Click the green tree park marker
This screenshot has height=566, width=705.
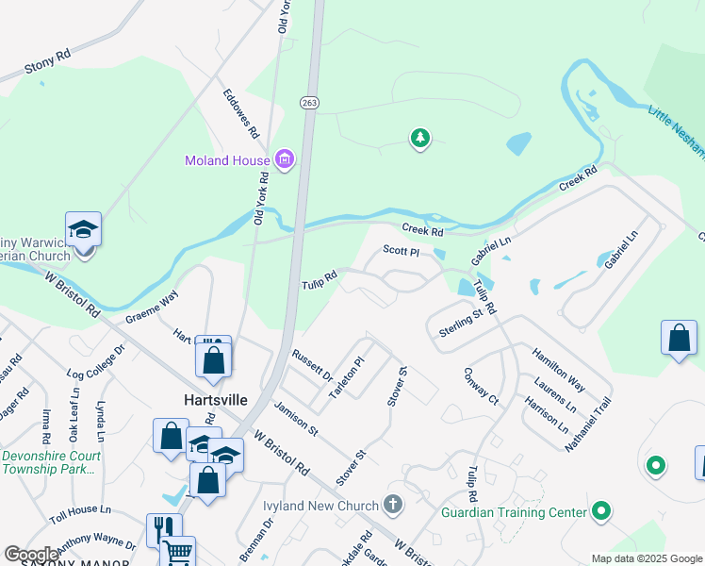click(x=419, y=140)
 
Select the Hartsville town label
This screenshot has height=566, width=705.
click(x=215, y=400)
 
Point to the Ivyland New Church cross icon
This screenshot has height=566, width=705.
click(x=393, y=505)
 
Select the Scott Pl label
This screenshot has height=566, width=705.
click(x=401, y=252)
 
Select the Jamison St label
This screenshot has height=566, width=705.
click(x=296, y=415)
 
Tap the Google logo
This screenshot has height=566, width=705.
click(x=32, y=555)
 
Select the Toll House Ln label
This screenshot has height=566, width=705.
click(x=80, y=510)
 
